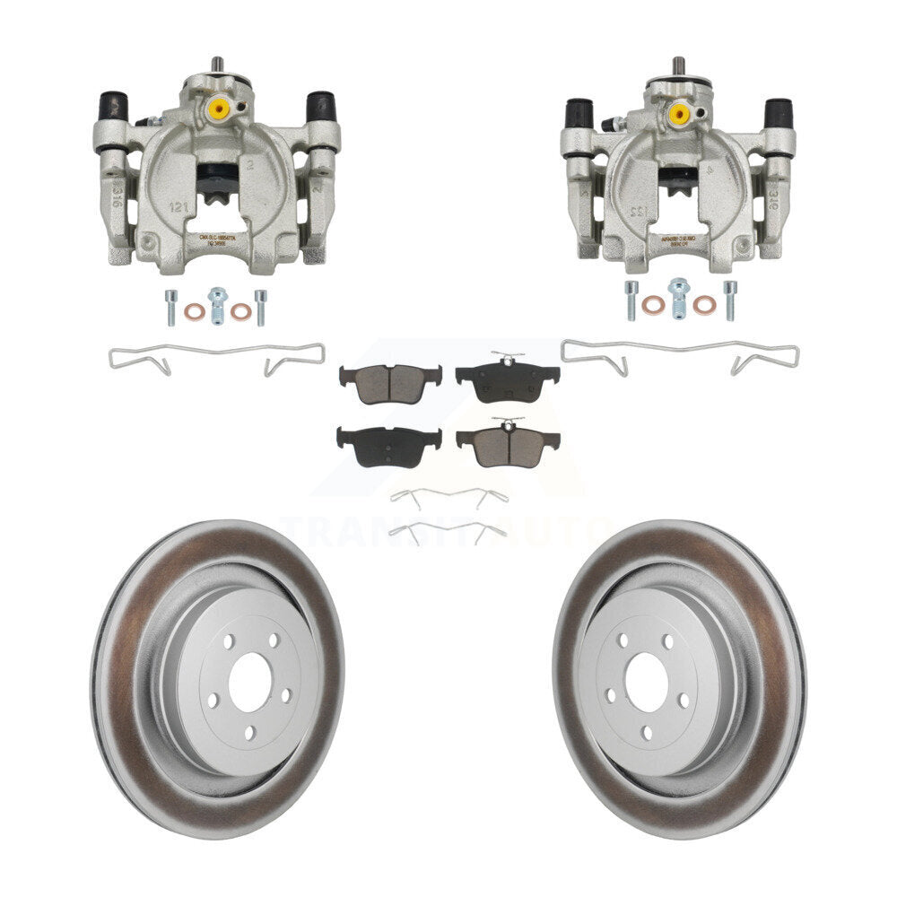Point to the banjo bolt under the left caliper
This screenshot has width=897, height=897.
point(215,304)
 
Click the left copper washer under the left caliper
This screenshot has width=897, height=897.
point(193,311)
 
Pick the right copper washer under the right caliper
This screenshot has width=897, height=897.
point(704,305)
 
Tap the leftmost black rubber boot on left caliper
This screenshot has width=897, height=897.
point(113,107)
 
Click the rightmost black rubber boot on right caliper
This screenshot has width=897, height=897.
point(778,113)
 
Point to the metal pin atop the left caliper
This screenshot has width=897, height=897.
point(216,66)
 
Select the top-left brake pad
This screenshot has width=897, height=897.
point(390,383)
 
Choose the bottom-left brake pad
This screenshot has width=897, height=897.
point(388,445)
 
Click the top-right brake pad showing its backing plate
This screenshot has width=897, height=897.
point(507,381)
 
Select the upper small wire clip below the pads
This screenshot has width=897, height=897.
point(448,496)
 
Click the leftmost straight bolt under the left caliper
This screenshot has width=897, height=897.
point(170,306)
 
